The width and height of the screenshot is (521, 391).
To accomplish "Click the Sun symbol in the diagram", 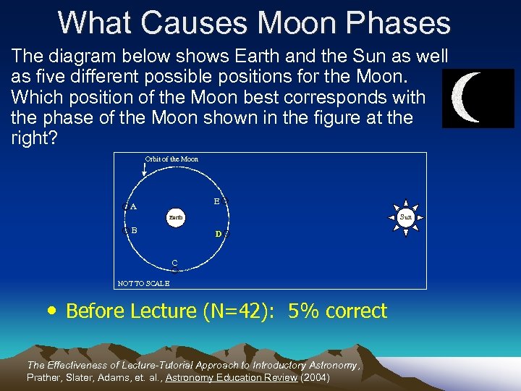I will [x=405, y=216].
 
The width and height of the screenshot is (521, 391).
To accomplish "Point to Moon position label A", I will [x=133, y=206].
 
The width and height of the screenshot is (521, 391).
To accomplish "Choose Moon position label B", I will [x=134, y=230].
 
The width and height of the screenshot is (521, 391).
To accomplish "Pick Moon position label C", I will [x=174, y=262].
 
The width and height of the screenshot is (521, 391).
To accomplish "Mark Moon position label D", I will [x=218, y=234].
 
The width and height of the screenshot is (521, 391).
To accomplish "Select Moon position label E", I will [x=216, y=201].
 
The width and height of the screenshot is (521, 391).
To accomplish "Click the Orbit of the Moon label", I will [x=171, y=159].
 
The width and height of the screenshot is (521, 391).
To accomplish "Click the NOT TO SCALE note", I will [x=143, y=284].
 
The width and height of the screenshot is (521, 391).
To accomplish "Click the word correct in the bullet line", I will [x=357, y=311].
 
